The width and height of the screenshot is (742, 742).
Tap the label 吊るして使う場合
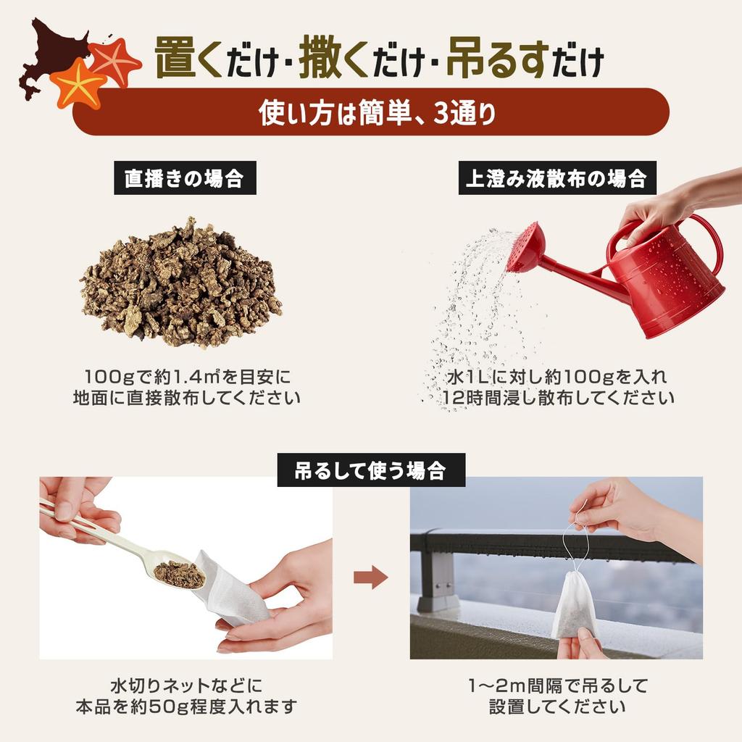pyautogui.click(x=371, y=472)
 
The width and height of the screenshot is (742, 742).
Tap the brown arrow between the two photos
pyautogui.click(x=370, y=578)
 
